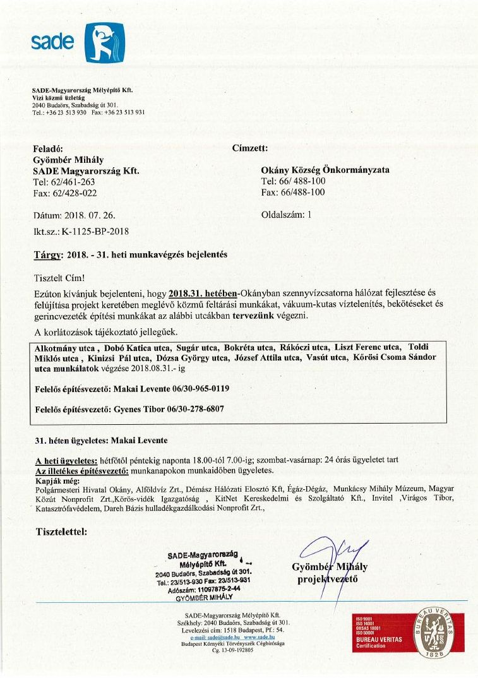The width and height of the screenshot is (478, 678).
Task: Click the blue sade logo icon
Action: [x=104, y=42]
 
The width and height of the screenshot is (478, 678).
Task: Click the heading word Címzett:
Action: [x=251, y=148]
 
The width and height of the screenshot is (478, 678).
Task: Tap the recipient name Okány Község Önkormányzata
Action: [x=325, y=170]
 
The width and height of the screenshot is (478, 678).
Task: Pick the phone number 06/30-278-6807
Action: [x=195, y=408]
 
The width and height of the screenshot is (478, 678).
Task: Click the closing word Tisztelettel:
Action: [x=62, y=531]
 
